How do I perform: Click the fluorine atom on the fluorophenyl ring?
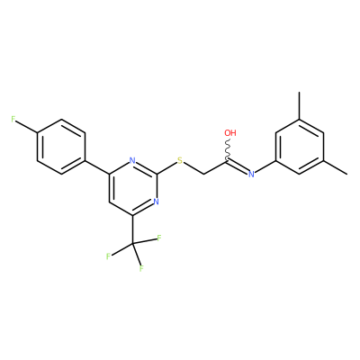(13, 120)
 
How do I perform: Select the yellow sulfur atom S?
(180, 161)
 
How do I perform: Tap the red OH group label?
(230, 133)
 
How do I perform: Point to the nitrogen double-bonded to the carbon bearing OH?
(251, 174)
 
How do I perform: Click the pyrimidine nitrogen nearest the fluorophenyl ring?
(132, 160)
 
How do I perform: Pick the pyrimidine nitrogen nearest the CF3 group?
(156, 202)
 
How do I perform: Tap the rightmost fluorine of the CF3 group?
(159, 238)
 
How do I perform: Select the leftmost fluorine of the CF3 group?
(108, 256)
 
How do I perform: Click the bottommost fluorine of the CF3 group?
(141, 268)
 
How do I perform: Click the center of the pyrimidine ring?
(132, 188)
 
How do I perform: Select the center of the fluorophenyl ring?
(61, 147)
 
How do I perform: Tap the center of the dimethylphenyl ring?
(300, 147)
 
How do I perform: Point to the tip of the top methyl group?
(300, 92)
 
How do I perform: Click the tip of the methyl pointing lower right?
(347, 175)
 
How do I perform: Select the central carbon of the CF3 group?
(132, 243)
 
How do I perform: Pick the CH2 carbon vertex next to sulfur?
(204, 175)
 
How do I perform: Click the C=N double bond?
(238, 166)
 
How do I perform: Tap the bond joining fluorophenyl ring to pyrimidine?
(97, 167)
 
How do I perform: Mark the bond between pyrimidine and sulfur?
(166, 168)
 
